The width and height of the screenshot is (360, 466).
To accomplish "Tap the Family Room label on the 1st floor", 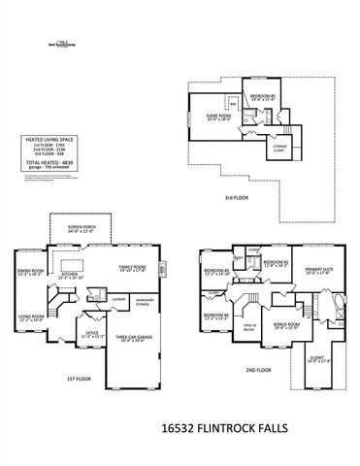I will [x=132, y=267].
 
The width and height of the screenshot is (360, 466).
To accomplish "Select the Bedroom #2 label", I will [x=277, y=263].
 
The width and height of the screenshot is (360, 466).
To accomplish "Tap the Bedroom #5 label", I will [x=263, y=96].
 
